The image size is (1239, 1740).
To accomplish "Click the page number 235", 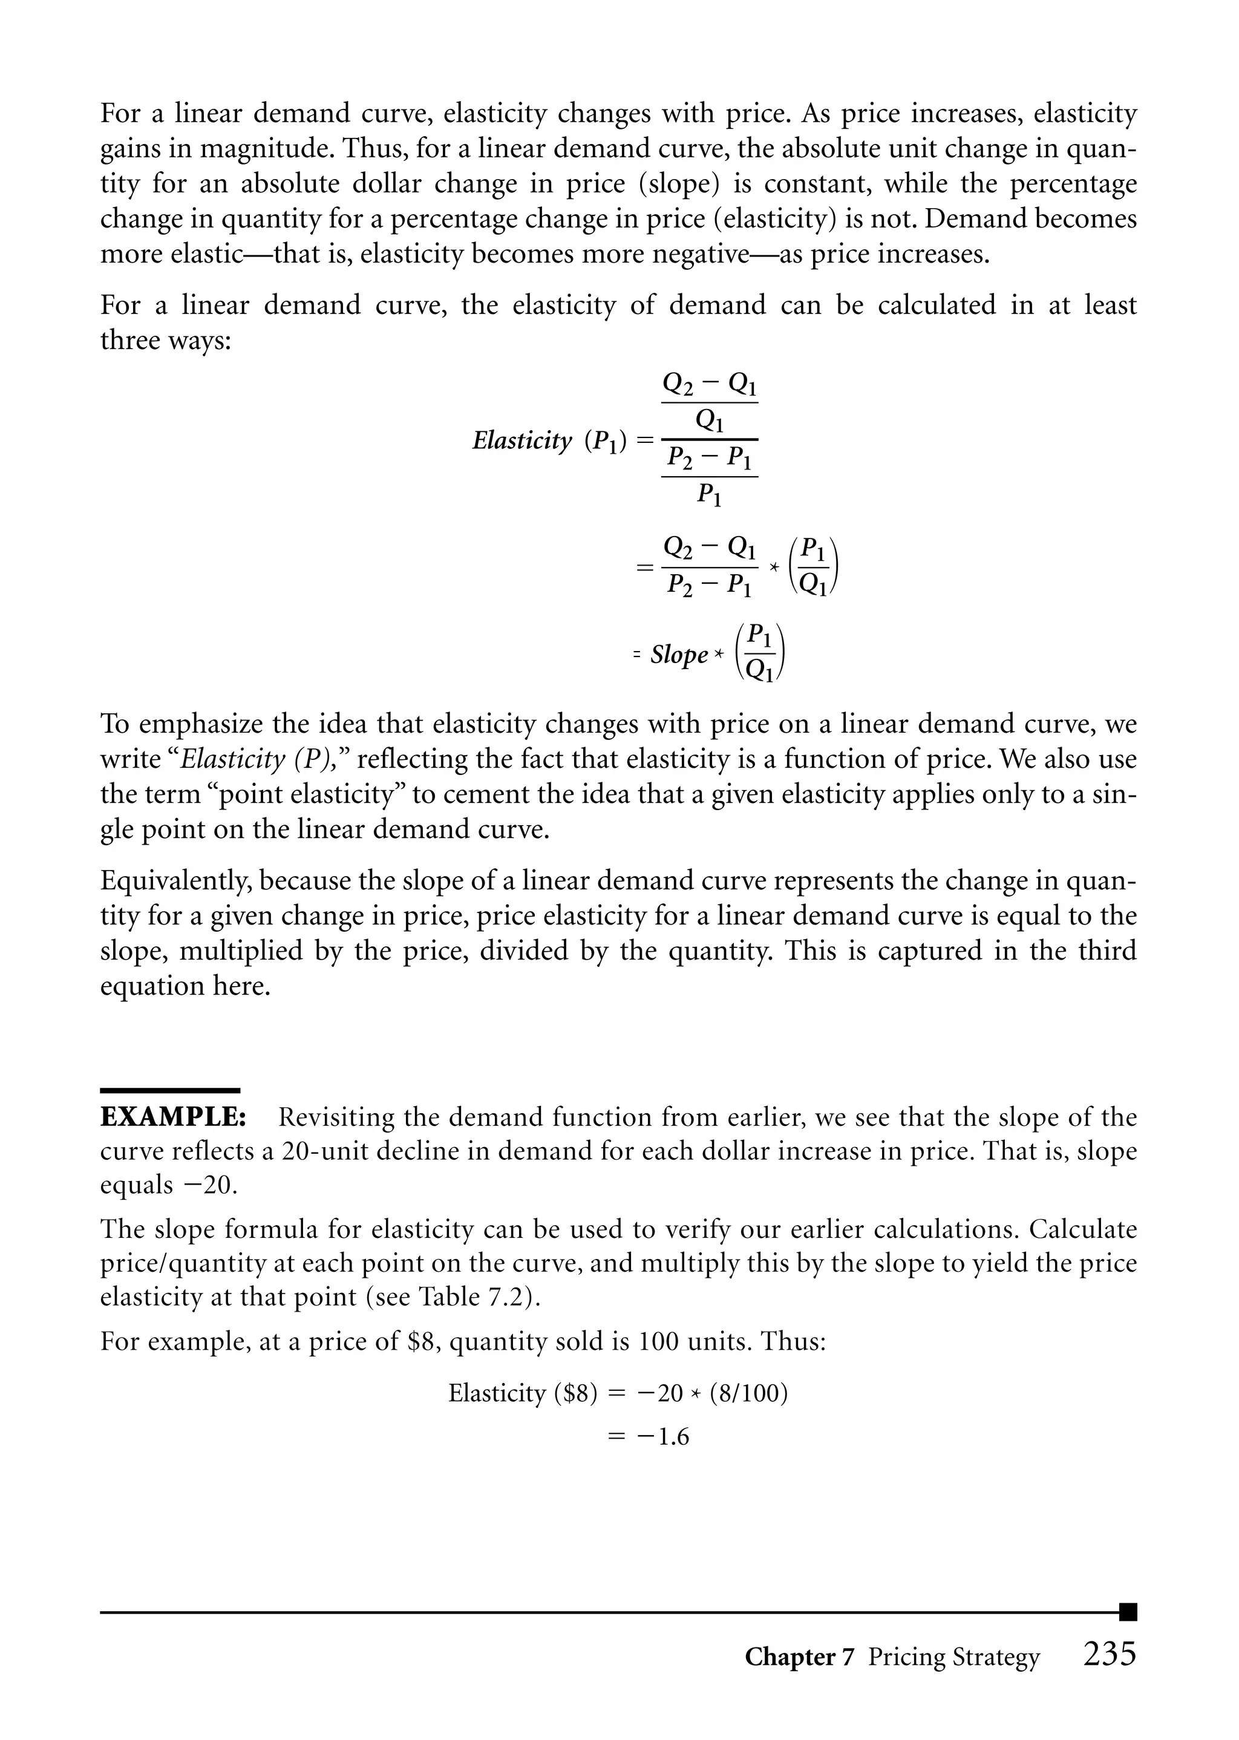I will point(1110,1653).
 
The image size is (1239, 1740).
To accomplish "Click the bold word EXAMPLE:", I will point(173,1117).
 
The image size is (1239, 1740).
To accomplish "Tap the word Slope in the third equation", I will point(679,655).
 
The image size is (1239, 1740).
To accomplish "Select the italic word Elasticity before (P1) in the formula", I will point(522,441).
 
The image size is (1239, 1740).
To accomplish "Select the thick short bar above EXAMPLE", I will point(170,1091).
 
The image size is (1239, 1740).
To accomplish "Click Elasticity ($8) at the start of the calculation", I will point(523,1394).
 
